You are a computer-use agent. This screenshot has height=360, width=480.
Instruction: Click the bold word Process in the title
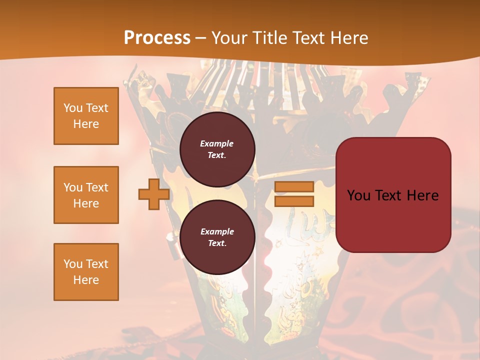click(x=157, y=38)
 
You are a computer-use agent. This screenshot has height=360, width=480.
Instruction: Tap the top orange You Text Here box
click(x=86, y=116)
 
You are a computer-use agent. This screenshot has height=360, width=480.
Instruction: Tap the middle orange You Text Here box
click(x=86, y=195)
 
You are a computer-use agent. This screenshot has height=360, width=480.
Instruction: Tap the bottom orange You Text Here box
click(x=86, y=272)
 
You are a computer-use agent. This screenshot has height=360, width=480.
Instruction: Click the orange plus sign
click(x=154, y=194)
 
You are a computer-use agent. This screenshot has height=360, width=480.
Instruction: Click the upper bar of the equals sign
click(x=294, y=187)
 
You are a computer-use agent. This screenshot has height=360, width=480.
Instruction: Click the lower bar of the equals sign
click(x=294, y=201)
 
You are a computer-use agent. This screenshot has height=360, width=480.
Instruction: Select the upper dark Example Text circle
click(x=217, y=149)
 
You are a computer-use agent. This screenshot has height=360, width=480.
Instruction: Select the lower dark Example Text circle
click(x=217, y=237)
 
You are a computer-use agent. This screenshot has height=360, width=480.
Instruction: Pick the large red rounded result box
click(x=393, y=195)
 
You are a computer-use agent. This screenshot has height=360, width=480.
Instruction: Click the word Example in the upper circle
click(x=217, y=143)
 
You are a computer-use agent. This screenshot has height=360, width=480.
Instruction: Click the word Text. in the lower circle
click(x=217, y=243)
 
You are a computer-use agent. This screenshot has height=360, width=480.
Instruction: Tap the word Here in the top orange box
click(x=86, y=124)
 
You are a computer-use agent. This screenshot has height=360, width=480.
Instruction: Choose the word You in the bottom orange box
click(x=73, y=264)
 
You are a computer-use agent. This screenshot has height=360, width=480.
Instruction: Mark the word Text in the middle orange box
click(x=97, y=187)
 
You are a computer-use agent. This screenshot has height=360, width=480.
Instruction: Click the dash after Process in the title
click(x=201, y=38)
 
